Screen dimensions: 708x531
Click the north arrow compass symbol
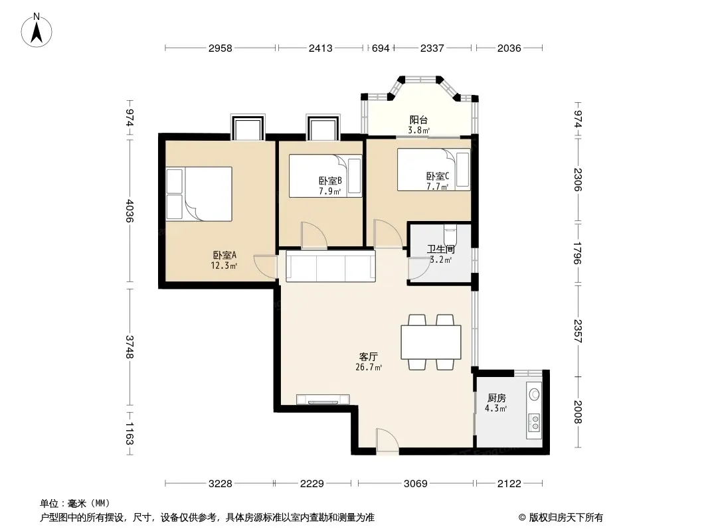tap(37, 31)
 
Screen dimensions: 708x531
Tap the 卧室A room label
tap(224, 255)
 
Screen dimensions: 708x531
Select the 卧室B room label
tap(330, 181)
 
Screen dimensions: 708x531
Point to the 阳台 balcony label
tap(418, 120)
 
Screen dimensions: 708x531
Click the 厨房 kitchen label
tap(496, 398)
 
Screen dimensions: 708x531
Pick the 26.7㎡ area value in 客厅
tap(369, 367)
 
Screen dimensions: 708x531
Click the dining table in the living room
tap(431, 342)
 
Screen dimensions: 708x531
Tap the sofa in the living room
tap(331, 267)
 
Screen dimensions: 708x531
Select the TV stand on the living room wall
tap(323, 400)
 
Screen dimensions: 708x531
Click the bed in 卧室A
tap(199, 194)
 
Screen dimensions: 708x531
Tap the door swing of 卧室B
tap(313, 235)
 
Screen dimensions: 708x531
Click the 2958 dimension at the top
tap(221, 48)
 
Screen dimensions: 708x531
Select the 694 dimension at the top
tap(380, 48)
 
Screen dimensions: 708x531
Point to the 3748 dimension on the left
tap(130, 346)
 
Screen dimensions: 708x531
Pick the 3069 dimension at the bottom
tap(415, 484)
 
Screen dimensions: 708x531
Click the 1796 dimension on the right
tap(578, 253)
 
